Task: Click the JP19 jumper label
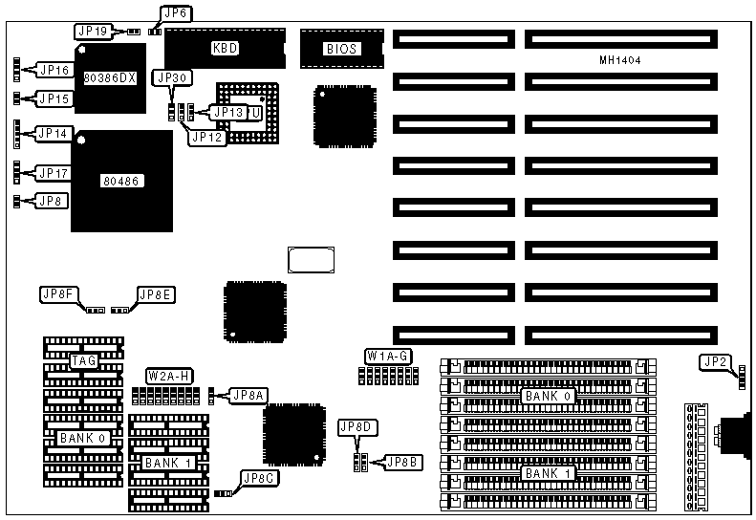click(94, 31)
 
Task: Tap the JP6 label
click(175, 13)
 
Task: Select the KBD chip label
click(226, 47)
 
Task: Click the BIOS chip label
click(340, 47)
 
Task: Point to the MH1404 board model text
click(619, 60)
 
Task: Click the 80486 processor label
click(121, 179)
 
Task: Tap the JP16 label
click(54, 70)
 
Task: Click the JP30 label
click(173, 77)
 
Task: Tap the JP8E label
click(156, 294)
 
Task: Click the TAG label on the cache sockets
click(82, 361)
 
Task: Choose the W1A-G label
click(389, 357)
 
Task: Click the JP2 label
click(715, 361)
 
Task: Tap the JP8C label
click(259, 478)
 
